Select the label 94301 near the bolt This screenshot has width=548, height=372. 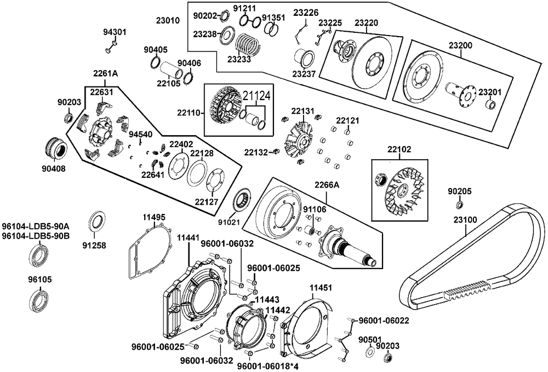115,32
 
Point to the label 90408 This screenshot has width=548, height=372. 54,169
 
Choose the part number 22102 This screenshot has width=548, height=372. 399,149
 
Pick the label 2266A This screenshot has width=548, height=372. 327,185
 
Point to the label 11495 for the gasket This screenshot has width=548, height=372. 154,218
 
